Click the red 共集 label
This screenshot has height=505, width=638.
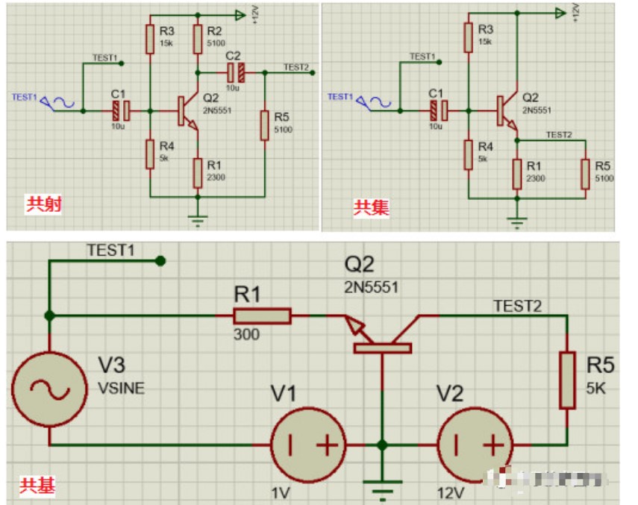(371, 207)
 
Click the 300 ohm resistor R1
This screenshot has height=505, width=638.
(261, 316)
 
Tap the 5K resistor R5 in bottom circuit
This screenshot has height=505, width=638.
(567, 381)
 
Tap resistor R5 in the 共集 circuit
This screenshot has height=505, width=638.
(585, 173)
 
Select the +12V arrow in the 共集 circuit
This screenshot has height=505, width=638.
(558, 13)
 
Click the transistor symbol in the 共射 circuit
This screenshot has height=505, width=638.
(185, 111)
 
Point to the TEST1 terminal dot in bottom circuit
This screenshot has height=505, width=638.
(159, 261)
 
